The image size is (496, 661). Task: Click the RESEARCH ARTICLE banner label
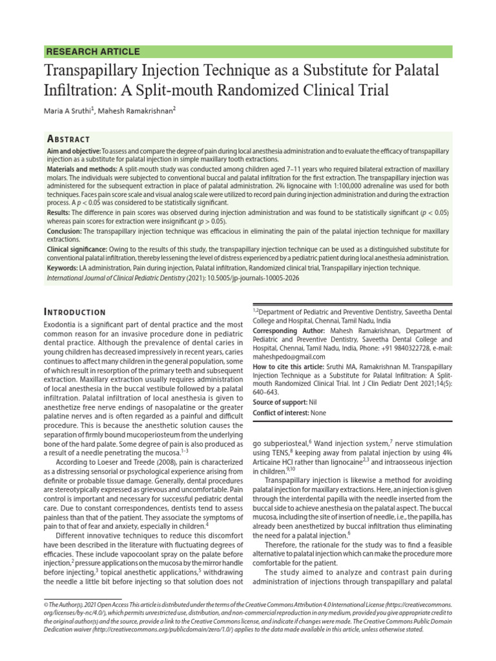[92, 52]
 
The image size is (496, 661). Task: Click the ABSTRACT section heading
[68, 139]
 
